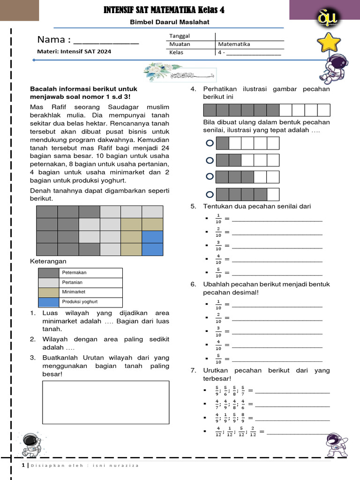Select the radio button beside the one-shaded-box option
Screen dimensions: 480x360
click(210, 143)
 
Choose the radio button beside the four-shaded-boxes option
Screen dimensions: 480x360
click(210, 194)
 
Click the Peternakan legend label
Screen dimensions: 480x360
click(74, 272)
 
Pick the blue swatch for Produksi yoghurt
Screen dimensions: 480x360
click(49, 302)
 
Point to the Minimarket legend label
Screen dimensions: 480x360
click(74, 292)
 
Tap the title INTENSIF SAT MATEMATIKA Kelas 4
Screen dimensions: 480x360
click(163, 10)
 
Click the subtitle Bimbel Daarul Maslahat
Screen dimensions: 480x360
click(163, 22)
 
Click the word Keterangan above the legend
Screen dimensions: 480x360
click(48, 261)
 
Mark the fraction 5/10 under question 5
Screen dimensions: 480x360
click(218, 273)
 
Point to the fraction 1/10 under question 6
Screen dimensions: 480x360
click(218, 305)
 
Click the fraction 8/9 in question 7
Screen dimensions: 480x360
click(242, 418)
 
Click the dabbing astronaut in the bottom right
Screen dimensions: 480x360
click(335, 444)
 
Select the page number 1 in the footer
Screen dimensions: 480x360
click(23, 465)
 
